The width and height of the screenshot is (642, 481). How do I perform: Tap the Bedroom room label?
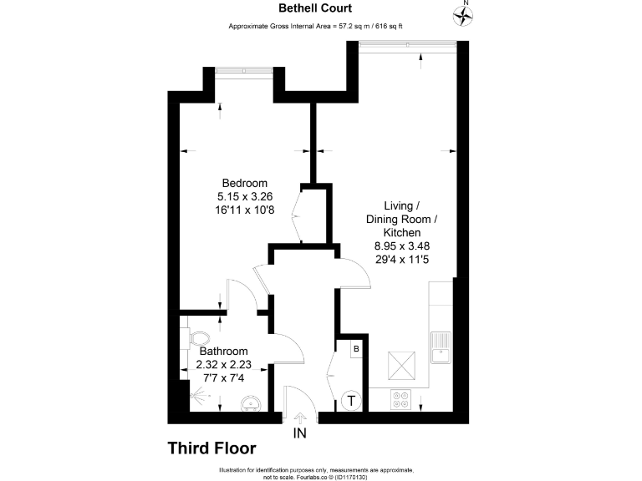click(x=244, y=184)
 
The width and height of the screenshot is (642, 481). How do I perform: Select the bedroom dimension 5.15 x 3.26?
click(x=244, y=197)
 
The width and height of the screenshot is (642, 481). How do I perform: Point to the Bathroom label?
click(x=222, y=352)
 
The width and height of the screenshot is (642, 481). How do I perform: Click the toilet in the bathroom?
click(x=199, y=338)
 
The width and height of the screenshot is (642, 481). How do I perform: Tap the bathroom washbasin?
click(x=250, y=406)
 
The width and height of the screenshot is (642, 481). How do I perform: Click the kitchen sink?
click(x=440, y=345)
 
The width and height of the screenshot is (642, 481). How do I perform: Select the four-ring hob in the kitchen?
click(x=401, y=401)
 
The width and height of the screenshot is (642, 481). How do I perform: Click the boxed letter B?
click(x=355, y=348)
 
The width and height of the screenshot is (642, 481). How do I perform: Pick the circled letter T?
click(x=352, y=402)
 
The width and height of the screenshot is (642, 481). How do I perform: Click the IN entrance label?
click(x=300, y=433)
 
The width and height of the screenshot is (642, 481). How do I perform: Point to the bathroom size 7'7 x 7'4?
click(x=222, y=378)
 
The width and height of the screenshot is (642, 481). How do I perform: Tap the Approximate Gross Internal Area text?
click(x=316, y=27)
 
